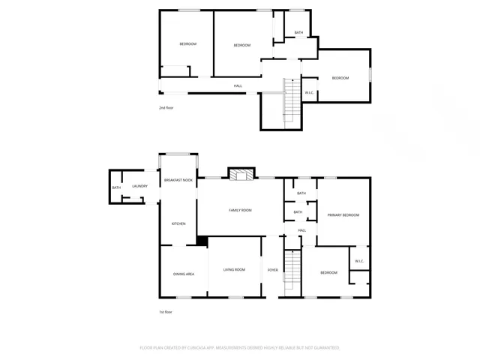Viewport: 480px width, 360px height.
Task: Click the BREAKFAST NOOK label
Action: pyautogui.click(x=178, y=181)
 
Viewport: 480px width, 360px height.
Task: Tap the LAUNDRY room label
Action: pyautogui.click(x=139, y=187)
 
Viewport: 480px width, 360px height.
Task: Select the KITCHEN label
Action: pyautogui.click(x=178, y=223)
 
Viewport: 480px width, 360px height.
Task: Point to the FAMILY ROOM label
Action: pyautogui.click(x=240, y=210)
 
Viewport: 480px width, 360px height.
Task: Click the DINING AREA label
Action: pyautogui.click(x=184, y=274)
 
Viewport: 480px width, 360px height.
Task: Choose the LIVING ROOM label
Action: pyautogui.click(x=234, y=269)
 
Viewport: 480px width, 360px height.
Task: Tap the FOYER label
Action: pyautogui.click(x=273, y=269)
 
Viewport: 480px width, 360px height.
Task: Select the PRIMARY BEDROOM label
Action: pyautogui.click(x=343, y=215)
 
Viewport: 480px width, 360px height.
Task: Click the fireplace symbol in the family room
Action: pyautogui.click(x=241, y=175)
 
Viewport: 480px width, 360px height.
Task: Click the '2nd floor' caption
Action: pyautogui.click(x=166, y=108)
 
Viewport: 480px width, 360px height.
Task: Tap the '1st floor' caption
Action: pyautogui.click(x=166, y=312)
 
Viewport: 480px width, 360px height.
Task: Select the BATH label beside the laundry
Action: pyautogui.click(x=116, y=187)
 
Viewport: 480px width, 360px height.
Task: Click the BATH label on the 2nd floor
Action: pyautogui.click(x=298, y=33)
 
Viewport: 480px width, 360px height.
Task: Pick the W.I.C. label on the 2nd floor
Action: pyautogui.click(x=309, y=92)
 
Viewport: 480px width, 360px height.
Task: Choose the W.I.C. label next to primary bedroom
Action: pyautogui.click(x=359, y=261)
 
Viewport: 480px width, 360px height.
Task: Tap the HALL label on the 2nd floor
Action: pyautogui.click(x=238, y=85)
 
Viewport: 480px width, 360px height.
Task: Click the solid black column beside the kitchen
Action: pyautogui.click(x=202, y=241)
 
